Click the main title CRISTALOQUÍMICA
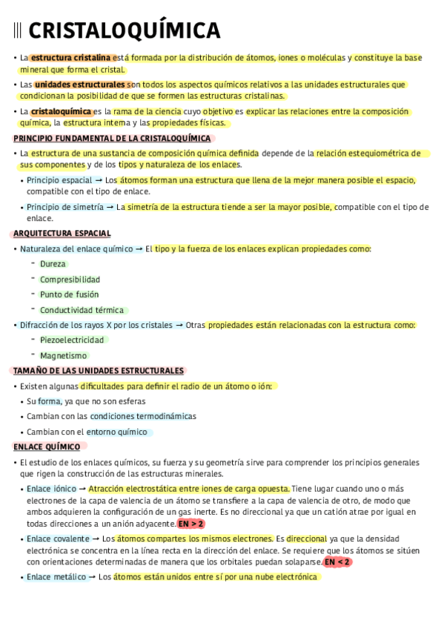124,30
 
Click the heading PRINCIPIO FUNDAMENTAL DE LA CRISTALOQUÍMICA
113,138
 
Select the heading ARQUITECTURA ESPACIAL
62,234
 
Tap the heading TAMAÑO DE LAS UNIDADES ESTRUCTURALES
99,371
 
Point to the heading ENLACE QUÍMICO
47,447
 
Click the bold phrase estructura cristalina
71,57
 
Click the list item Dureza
53,264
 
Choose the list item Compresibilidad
70,280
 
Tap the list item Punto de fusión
69,294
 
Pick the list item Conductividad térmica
82,310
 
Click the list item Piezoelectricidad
73,340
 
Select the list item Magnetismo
63,356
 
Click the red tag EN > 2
191,524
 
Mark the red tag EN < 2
337,562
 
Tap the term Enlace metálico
56,576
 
